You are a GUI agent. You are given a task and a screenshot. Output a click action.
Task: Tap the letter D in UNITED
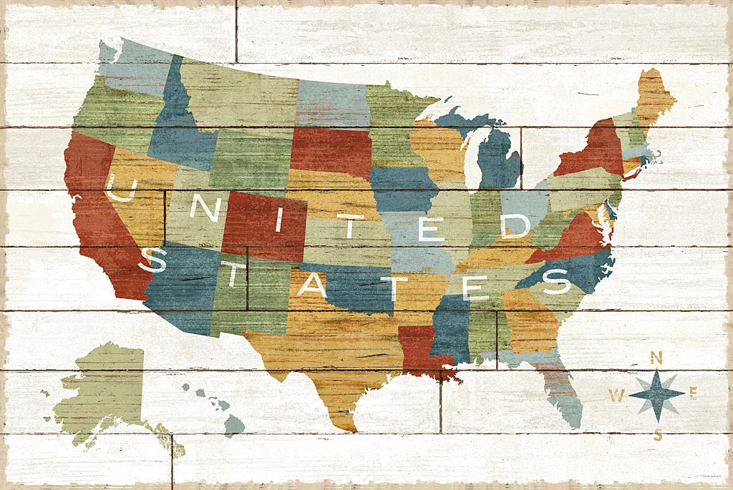tap(515, 226)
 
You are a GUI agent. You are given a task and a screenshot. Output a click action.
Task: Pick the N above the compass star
tap(656, 357)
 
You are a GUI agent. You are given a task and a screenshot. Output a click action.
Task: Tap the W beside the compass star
tap(616, 393)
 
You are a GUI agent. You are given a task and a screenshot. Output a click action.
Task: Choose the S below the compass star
tap(657, 433)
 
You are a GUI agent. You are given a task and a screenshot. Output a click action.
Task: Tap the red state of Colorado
tap(265, 225)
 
